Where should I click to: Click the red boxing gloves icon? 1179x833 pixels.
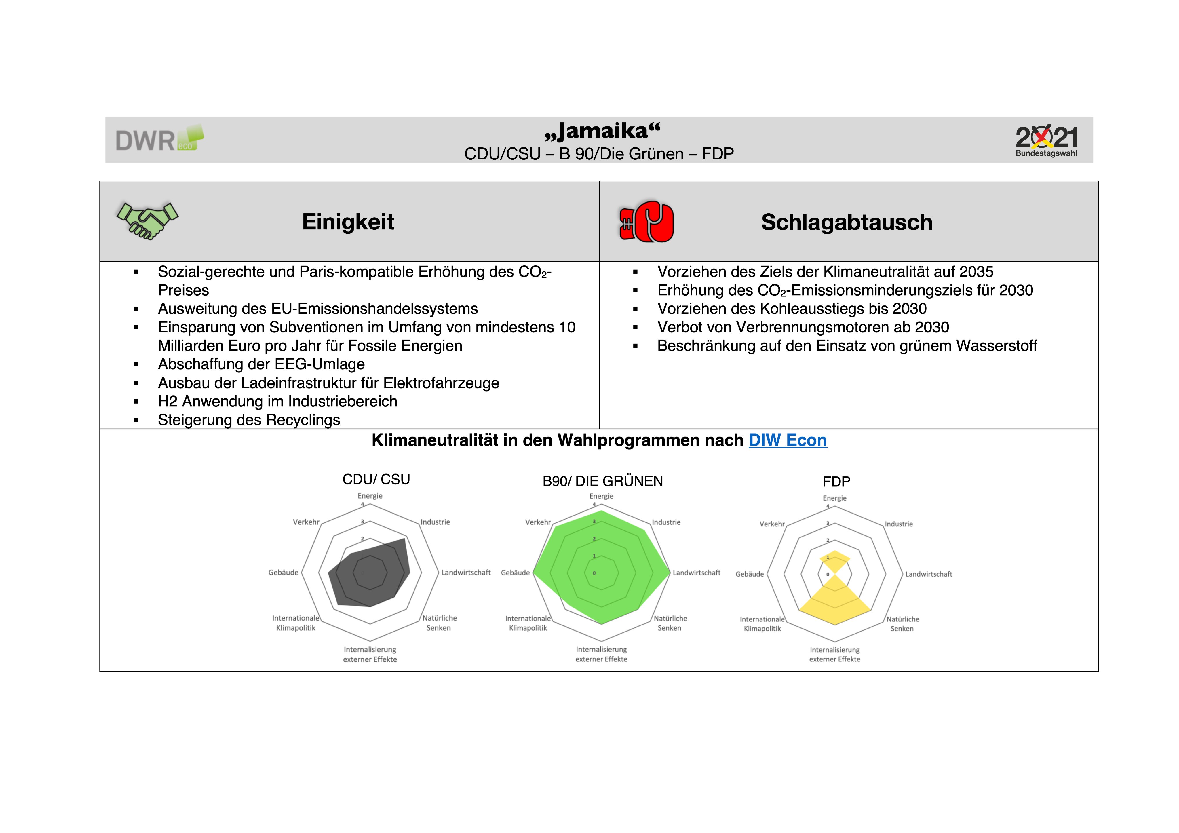[646, 221]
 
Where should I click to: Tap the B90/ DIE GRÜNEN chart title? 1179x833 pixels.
[602, 481]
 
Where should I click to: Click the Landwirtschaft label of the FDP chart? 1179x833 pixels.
[928, 574]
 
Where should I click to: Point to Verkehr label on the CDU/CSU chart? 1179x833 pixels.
[306, 522]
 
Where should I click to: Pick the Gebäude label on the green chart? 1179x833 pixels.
[515, 573]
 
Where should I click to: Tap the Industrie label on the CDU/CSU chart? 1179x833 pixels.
[435, 522]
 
